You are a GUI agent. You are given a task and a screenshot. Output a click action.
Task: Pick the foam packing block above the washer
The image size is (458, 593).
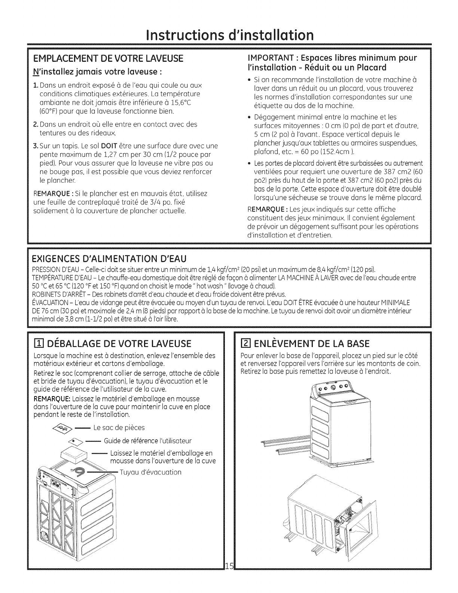pos(73,454)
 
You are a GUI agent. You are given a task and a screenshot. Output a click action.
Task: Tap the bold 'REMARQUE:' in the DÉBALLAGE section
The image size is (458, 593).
pos(49,398)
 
